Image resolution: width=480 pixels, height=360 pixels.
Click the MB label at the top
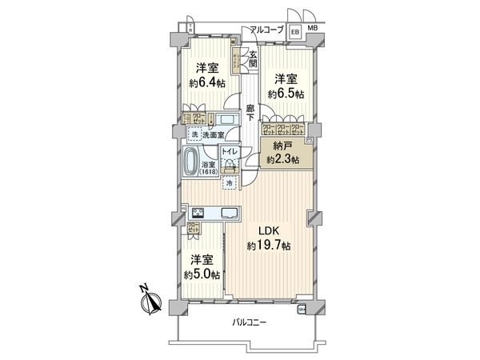(x=312, y=30)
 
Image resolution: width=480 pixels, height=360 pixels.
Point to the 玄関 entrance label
(x=253, y=58)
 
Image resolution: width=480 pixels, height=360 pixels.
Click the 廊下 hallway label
(x=250, y=113)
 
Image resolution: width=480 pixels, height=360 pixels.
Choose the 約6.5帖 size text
(x=286, y=94)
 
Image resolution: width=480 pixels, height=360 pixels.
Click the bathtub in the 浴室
(x=191, y=162)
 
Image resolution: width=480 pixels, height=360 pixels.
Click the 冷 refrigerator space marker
(x=230, y=184)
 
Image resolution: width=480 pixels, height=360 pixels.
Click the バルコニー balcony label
(x=250, y=324)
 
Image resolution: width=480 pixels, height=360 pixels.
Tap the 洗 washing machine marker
(x=194, y=134)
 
